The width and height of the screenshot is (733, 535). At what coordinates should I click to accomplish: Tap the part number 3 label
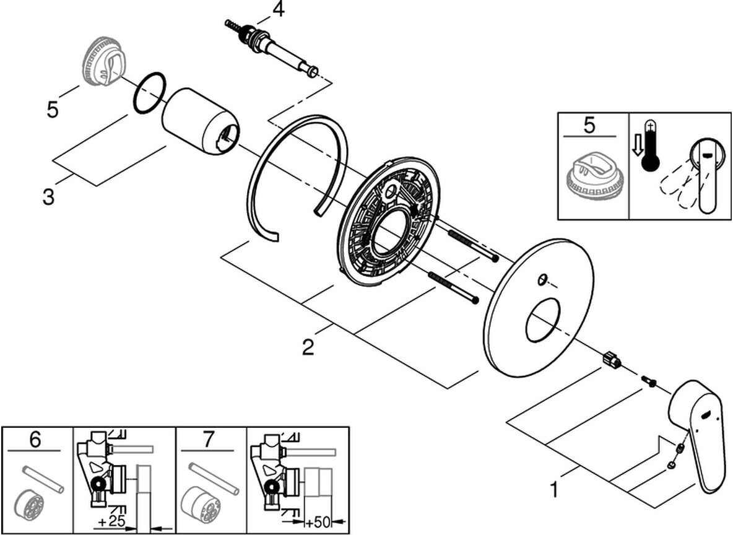coord(48,198)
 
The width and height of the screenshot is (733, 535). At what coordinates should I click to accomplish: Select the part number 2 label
coord(308,347)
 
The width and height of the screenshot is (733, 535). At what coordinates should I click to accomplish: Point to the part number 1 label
coord(554,490)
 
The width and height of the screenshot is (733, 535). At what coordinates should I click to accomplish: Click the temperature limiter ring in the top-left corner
coord(103,64)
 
